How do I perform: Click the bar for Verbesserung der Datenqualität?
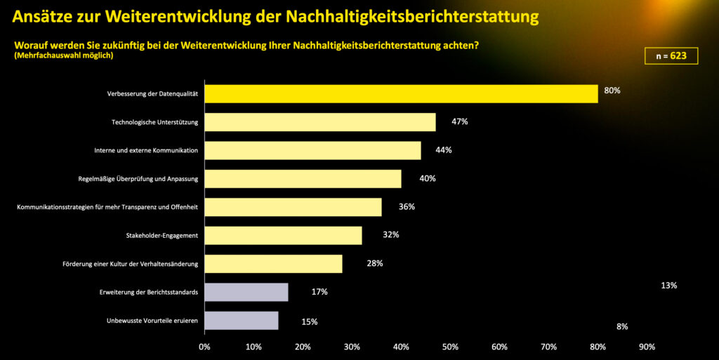[x=400, y=93]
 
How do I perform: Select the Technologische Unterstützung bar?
[x=319, y=122]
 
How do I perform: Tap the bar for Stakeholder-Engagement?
[x=283, y=235]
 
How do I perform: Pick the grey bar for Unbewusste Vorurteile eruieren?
[x=241, y=321]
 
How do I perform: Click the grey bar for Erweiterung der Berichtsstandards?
[x=246, y=292]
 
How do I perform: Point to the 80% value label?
[x=612, y=91]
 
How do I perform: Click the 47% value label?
[x=460, y=121]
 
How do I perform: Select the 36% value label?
[x=407, y=206]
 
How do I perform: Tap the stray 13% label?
[x=668, y=286]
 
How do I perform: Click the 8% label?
[x=622, y=326]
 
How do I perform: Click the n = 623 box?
[x=671, y=56]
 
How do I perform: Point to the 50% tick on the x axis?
[x=450, y=347]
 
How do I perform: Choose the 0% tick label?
[x=204, y=347]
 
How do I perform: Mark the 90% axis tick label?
[x=647, y=347]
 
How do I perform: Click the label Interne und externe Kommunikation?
[x=146, y=150]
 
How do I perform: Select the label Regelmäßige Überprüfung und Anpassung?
[x=138, y=179]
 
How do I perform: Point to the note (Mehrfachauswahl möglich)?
[x=62, y=55]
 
